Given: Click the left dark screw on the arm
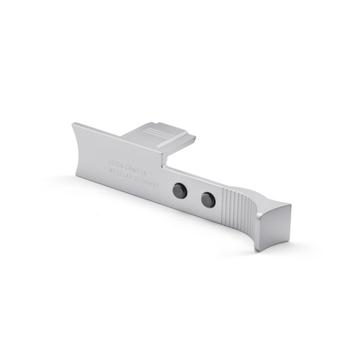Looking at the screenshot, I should pos(179,189).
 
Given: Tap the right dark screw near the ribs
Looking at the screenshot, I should pos(207,200).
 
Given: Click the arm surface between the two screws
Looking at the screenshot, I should pos(193,195).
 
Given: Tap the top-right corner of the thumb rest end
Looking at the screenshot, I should pos(290,205).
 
